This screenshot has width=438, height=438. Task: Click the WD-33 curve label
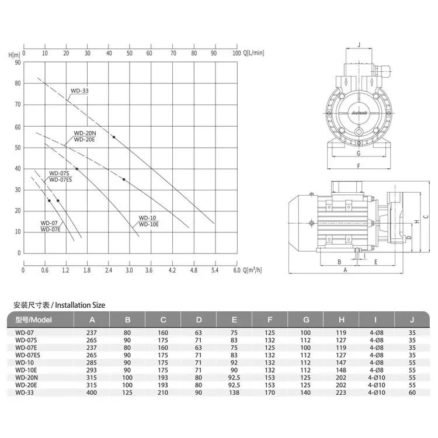pyautogui.click(x=79, y=91)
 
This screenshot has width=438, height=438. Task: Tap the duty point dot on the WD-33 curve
pyautogui.click(x=114, y=137)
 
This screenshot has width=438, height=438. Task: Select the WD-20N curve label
pyautogui.click(x=85, y=133)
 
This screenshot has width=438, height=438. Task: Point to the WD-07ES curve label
pyautogui.click(x=61, y=180)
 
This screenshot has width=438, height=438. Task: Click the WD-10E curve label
pyautogui.click(x=148, y=224)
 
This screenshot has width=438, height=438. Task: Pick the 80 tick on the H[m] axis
pyautogui.click(x=18, y=84)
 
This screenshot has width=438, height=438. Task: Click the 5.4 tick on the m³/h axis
pyautogui.click(x=215, y=270)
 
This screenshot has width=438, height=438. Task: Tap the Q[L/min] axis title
pyautogui.click(x=253, y=53)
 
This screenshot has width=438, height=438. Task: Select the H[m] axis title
pyautogui.click(x=14, y=55)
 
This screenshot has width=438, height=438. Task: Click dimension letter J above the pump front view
pyautogui.click(x=359, y=44)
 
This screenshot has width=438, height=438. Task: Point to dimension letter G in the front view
pyautogui.click(x=359, y=153)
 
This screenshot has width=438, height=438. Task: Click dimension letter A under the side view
pyautogui.click(x=345, y=270)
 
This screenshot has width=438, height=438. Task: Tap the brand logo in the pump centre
pyautogui.click(x=359, y=113)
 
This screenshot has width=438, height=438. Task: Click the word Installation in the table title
pyautogui.click(x=72, y=305)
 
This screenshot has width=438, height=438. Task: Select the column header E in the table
pyautogui.click(x=234, y=320)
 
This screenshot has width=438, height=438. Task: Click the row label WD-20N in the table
pyautogui.click(x=26, y=378)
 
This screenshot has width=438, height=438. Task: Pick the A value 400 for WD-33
pyautogui.click(x=92, y=392)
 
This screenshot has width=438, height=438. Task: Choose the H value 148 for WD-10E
pyautogui.click(x=341, y=370)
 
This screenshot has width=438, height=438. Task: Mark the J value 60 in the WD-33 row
pyautogui.click(x=412, y=392)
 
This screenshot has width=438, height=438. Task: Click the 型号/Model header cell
pyautogui.click(x=33, y=320)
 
